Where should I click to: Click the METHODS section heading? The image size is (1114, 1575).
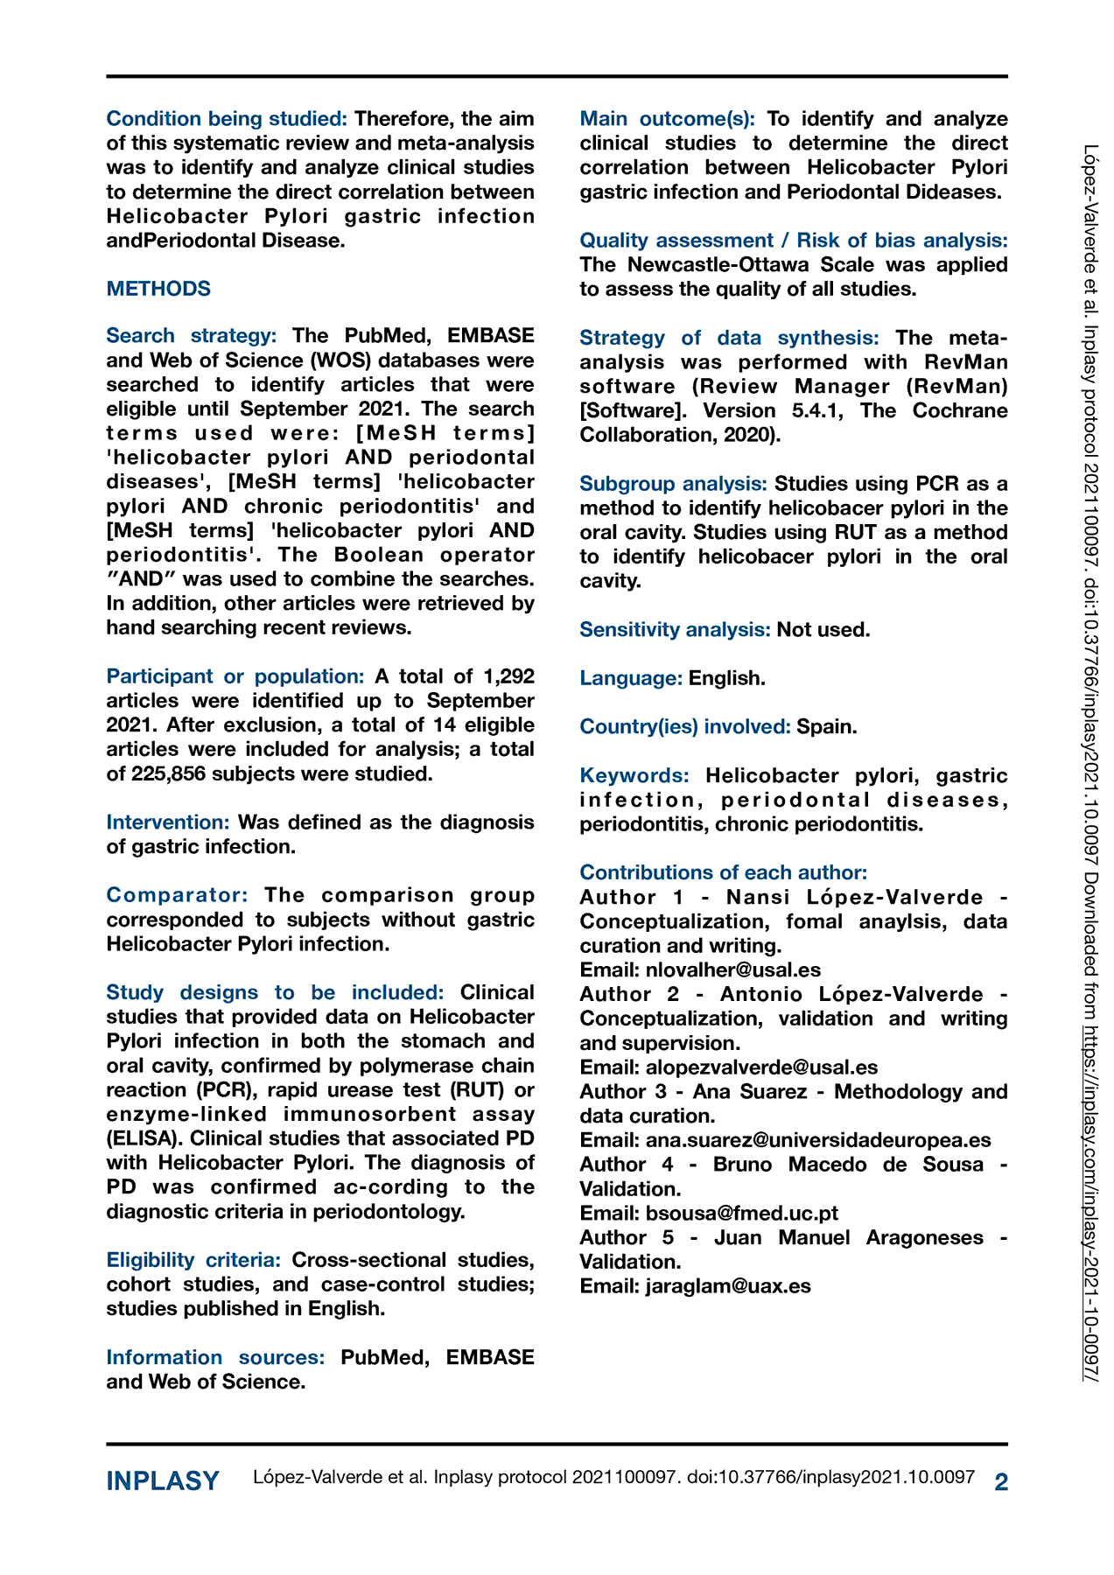[x=158, y=289]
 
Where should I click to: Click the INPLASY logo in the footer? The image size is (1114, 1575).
[x=163, y=1480]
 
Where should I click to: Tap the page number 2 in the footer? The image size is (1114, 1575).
[x=1001, y=1481]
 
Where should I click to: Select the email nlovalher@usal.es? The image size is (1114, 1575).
[x=732, y=969]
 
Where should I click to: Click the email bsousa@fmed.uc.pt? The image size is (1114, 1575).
[x=741, y=1213]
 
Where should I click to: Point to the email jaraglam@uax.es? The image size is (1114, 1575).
[x=728, y=1285]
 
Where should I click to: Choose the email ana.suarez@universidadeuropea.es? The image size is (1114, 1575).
[x=818, y=1140]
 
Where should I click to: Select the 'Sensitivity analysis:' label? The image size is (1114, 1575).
[x=675, y=629]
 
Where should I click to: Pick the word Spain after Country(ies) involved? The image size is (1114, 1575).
[x=826, y=726]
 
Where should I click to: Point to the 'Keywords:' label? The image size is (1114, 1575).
[x=634, y=775]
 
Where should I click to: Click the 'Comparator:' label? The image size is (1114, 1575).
[x=177, y=895]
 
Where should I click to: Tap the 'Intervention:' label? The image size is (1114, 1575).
[x=168, y=822]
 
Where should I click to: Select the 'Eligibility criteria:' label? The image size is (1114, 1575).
[x=193, y=1260]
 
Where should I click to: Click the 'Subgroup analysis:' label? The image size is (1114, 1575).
[x=674, y=484]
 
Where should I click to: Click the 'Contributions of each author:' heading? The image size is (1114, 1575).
[x=723, y=872]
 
